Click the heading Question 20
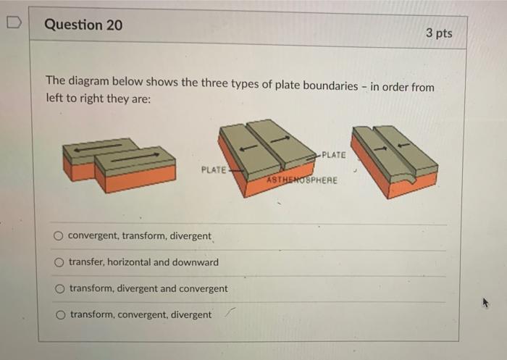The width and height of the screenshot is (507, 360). tap(83, 25)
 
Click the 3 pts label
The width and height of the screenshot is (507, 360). tap(438, 33)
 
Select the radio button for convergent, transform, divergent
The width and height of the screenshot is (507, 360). tap(57, 236)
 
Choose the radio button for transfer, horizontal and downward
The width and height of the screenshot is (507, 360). tap(58, 262)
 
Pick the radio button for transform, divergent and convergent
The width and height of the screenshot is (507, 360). tap(59, 288)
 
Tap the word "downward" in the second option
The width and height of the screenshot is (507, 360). tap(195, 262)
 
